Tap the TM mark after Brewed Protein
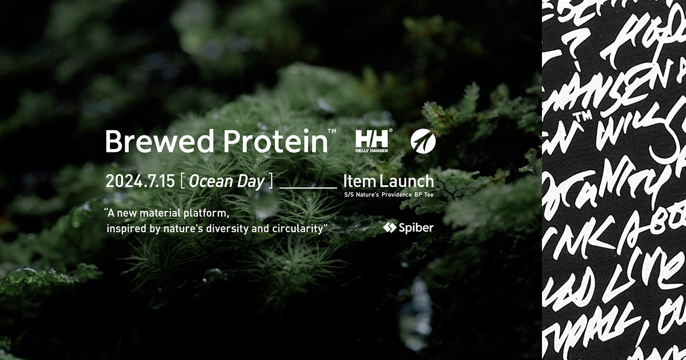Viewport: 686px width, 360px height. point(332,132)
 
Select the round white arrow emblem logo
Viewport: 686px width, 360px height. point(423,141)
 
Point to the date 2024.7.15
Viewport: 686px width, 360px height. point(139,182)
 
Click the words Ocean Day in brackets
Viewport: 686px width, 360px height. point(226,182)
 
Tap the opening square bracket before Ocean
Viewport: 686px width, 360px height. point(181,182)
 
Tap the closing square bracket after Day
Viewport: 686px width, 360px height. point(271,182)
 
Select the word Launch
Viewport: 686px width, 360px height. point(406,182)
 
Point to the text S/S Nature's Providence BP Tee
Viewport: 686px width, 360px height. point(388,195)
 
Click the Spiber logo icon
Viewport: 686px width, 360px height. point(389,227)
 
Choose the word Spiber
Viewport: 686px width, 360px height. point(416,227)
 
